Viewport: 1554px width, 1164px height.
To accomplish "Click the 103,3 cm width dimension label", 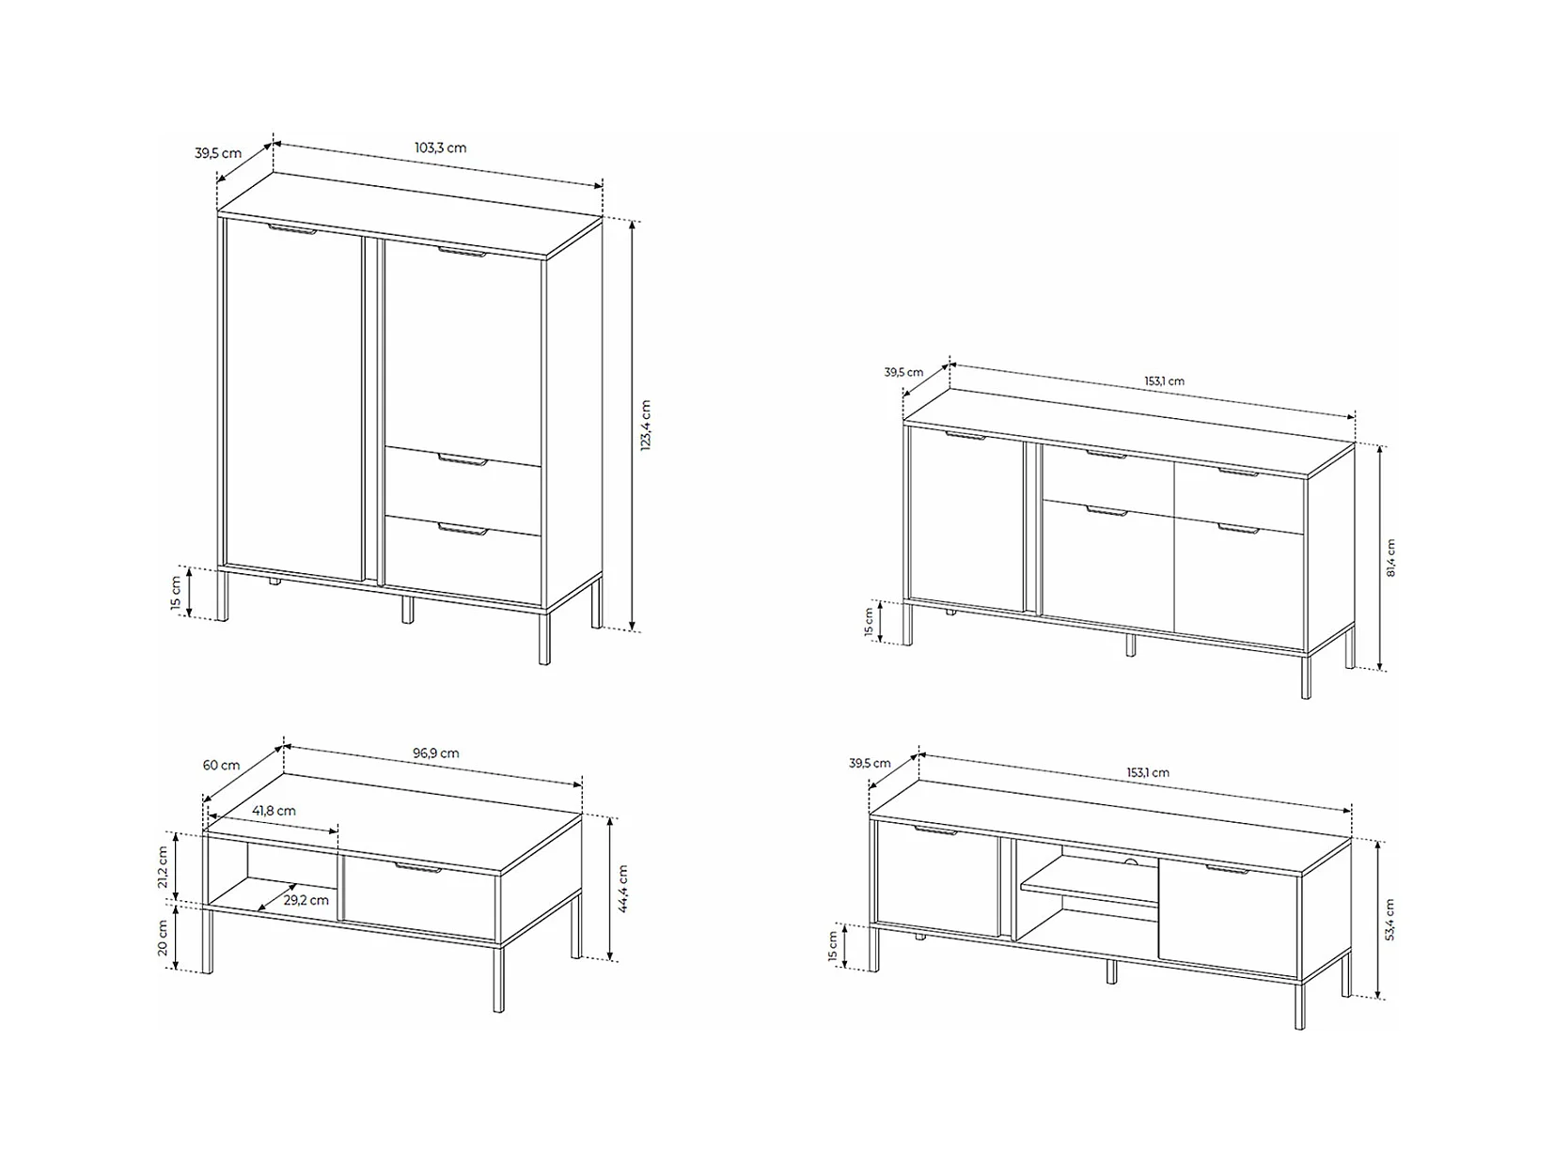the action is tap(440, 147).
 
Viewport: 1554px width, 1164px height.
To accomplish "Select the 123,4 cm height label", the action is tap(646, 425).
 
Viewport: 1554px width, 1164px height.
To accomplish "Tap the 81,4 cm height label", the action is tap(1390, 558).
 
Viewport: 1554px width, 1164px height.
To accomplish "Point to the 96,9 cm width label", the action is tap(436, 753).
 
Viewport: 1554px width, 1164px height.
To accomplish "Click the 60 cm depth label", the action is tap(222, 765).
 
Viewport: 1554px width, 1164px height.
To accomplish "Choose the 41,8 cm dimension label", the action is tap(274, 811).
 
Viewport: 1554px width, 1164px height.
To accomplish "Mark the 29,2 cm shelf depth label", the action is tap(306, 900).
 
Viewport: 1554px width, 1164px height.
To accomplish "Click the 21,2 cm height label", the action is tap(162, 867).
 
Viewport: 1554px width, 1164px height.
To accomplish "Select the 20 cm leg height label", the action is tap(162, 938).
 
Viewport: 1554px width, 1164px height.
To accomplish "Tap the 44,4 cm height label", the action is tap(623, 889).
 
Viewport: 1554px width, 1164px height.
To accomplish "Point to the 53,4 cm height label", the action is tap(1389, 920).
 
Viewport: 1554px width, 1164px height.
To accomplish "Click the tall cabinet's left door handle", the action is tap(292, 229).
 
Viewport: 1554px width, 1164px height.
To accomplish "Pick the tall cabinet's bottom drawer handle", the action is tap(463, 529).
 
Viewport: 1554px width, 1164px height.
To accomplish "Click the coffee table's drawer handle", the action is tap(418, 868).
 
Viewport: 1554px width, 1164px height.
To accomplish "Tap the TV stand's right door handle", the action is tap(1228, 869).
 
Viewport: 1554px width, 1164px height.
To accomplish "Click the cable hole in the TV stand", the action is tap(1131, 861).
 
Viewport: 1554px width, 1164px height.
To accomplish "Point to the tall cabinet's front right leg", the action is tap(543, 636).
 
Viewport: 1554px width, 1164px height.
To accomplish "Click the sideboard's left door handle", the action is tap(965, 436).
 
